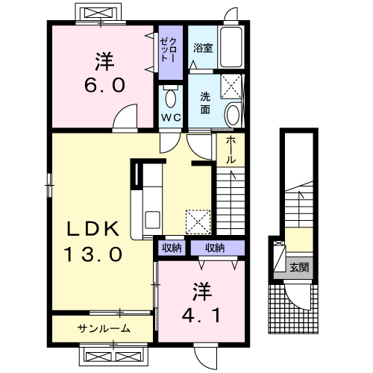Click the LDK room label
(87, 228)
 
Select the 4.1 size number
(199, 314)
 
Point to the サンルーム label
(103, 328)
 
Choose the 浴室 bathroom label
(203, 48)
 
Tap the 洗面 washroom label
(205, 102)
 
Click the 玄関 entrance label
(299, 267)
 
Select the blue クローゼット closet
(169, 52)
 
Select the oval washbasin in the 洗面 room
(232, 114)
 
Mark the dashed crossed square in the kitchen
(199, 221)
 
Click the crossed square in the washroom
(232, 87)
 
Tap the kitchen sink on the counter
(153, 221)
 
